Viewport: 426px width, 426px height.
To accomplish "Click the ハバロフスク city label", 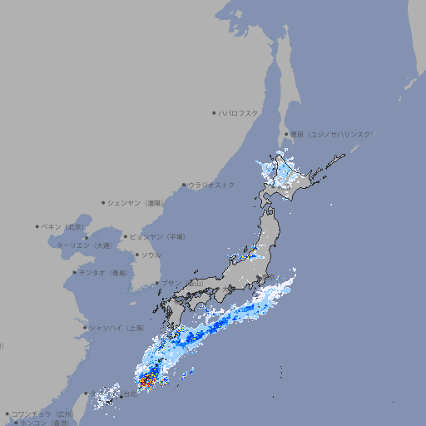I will pos(239,112).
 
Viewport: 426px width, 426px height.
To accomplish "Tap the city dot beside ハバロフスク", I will pos(214,112).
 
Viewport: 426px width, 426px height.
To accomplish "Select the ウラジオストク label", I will pos(211,185).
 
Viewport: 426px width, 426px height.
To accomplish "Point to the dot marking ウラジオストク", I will pos(184,185).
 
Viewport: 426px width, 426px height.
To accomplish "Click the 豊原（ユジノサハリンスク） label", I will pos(331,134).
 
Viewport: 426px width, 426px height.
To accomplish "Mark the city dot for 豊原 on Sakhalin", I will pos(286,134).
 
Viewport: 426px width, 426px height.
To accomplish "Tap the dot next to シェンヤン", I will pos(104,202).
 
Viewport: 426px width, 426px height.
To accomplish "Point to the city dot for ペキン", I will pos(37,226).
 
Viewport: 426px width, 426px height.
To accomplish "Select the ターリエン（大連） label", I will pos(83,245).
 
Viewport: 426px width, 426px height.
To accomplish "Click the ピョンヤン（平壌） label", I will pos(157,237).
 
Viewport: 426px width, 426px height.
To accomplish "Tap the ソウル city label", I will pos(151,255).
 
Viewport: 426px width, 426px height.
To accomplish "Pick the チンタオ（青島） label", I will pos(104,273).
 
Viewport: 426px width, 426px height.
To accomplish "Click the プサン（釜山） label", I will pos(181,284).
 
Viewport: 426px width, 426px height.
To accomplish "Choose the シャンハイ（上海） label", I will pos(115,328).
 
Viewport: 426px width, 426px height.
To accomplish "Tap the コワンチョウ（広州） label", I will pos(42,414).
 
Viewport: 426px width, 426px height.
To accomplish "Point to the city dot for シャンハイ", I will pos(85,328).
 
